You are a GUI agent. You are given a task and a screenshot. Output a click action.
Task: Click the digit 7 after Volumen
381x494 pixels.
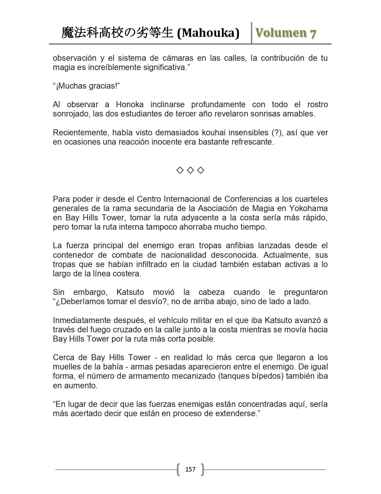pyautogui.click(x=313, y=33)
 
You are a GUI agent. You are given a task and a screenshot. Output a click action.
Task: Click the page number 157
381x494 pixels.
pyautogui.click(x=190, y=469)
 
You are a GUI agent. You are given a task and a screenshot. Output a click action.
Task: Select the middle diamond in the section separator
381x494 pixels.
pyautogui.click(x=190, y=170)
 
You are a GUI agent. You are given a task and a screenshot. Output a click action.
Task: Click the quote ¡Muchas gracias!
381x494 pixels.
pyautogui.click(x=86, y=86)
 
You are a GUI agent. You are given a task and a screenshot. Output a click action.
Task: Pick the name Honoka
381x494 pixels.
pyautogui.click(x=130, y=104)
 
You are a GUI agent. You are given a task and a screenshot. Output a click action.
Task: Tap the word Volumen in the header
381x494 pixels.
pyautogui.click(x=280, y=33)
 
